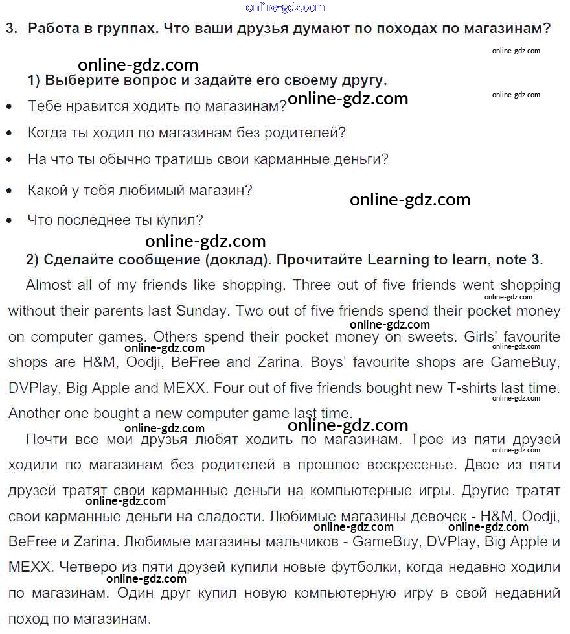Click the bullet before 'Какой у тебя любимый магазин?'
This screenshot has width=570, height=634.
pos(8,191)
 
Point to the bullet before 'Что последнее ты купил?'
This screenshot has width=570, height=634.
pos(8,221)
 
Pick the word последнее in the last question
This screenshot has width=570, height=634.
pos(91,220)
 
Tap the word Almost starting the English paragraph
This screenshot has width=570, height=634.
pos(49,285)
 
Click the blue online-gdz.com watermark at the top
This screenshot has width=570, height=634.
pos(285,7)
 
